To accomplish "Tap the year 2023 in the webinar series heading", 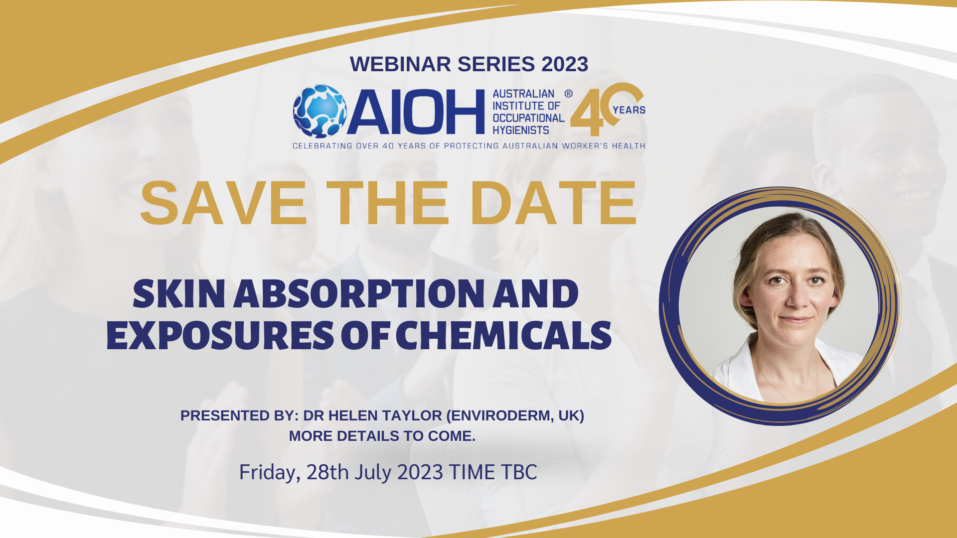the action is point(565,64).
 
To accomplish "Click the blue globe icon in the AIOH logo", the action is point(319,111).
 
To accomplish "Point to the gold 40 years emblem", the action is point(608,109).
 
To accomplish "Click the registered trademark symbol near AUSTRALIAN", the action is point(568,93).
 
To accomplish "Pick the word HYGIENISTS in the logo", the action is point(521,130).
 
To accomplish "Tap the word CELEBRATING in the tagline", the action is point(322,146).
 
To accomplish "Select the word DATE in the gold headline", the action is point(553,203).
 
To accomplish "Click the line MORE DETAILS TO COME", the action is point(382,436).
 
